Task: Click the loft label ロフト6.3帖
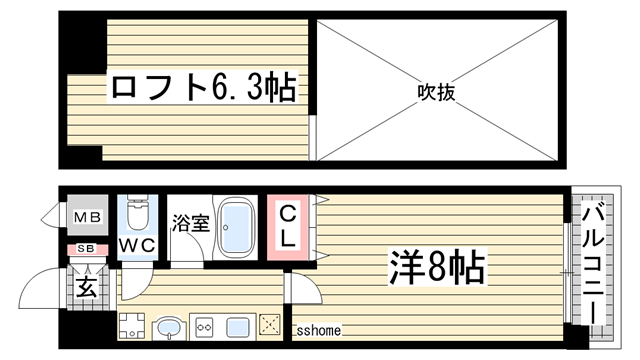(201, 90)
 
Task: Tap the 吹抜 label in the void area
(436, 93)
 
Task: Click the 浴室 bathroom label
(190, 224)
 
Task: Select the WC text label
(137, 245)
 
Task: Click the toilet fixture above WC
(137, 213)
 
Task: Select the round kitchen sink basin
(166, 326)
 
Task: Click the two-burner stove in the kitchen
(204, 325)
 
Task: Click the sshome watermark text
(318, 331)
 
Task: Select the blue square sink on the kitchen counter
(239, 325)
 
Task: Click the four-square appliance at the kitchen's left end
(131, 324)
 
